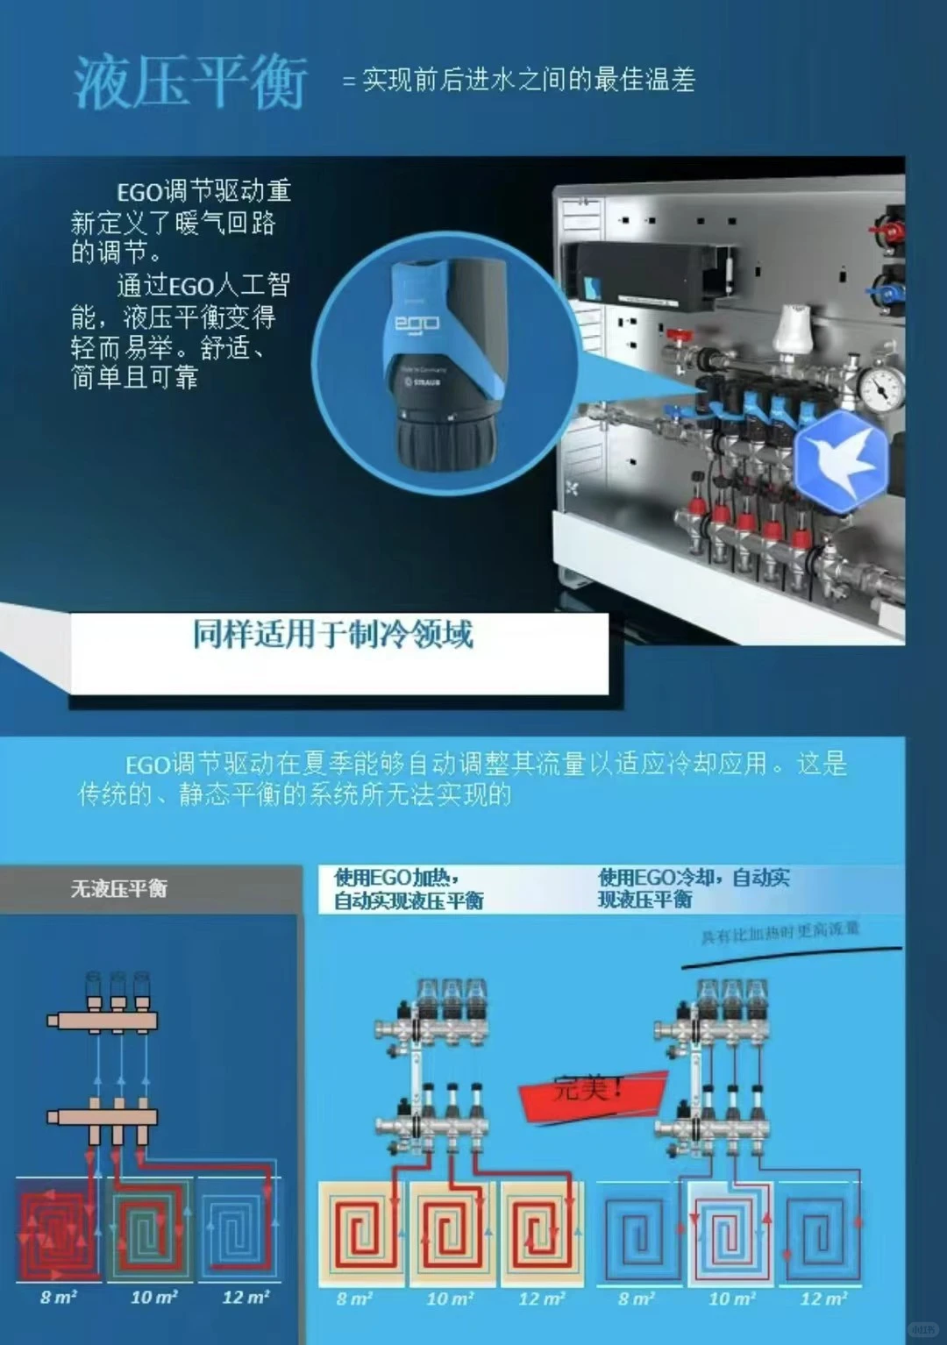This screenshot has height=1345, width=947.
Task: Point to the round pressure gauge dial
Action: [881, 385]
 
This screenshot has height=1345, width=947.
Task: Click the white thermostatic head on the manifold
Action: [795, 330]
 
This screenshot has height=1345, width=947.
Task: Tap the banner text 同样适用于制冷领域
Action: [332, 634]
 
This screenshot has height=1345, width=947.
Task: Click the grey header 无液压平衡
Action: [119, 889]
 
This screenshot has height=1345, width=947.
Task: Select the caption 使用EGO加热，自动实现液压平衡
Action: [409, 888]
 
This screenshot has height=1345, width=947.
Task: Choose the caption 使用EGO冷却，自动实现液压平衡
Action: [694, 887]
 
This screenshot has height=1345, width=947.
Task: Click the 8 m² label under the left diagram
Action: [59, 1297]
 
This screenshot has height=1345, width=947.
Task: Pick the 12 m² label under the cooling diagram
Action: [823, 1299]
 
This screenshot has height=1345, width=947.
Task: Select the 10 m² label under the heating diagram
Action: [450, 1299]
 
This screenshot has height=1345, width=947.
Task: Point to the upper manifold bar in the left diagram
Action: [103, 1020]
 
